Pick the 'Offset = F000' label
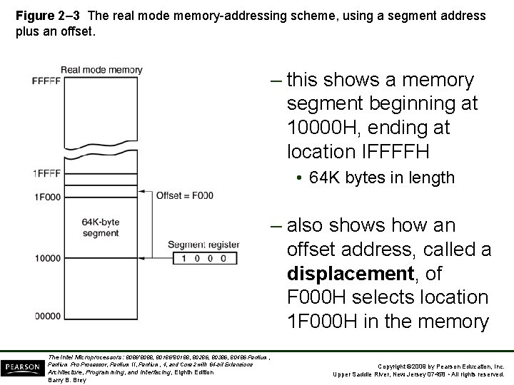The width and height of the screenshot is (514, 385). (x=184, y=195)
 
